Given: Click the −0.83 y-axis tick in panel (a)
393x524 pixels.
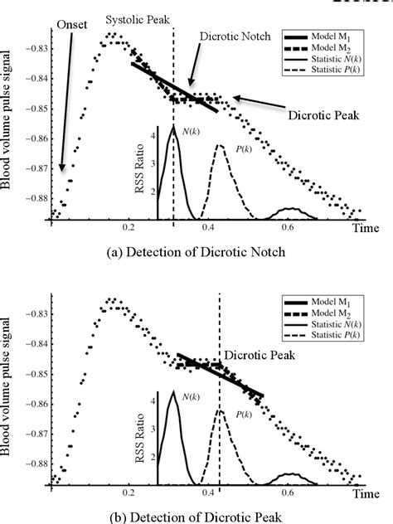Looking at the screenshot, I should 31,50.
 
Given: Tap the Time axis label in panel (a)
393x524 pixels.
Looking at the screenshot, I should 362,226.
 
